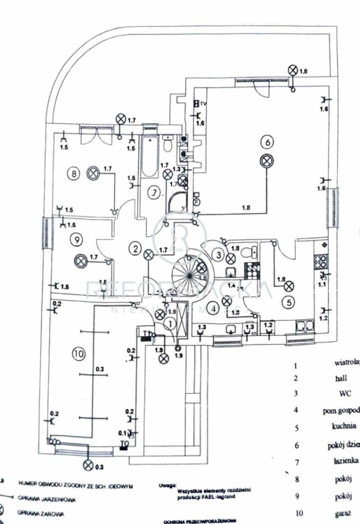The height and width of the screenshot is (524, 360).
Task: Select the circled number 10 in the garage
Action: [79, 354]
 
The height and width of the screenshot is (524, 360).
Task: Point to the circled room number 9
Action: [76, 239]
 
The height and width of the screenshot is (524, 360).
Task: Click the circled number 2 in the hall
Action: [134, 248]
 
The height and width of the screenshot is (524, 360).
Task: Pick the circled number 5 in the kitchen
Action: [287, 301]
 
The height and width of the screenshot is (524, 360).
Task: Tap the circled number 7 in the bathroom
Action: [155, 193]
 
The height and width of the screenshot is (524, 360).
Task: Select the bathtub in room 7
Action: [148, 157]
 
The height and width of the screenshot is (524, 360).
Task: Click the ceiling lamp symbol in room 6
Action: [267, 162]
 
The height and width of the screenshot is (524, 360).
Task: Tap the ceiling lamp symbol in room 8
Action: [93, 173]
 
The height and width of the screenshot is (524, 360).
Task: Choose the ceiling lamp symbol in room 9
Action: [81, 260]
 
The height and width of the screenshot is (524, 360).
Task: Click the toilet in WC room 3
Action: [251, 252]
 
